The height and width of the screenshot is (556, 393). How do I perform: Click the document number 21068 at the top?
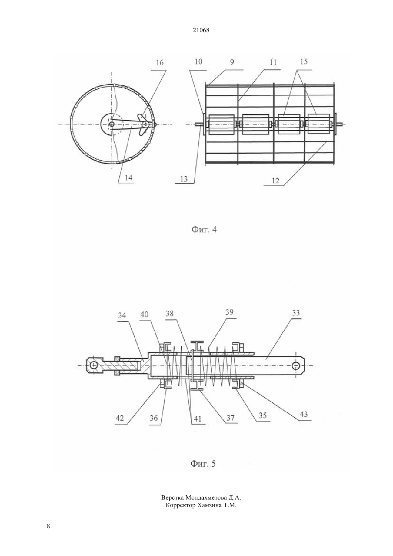[x=201, y=30]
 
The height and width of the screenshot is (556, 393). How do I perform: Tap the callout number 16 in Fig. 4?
[x=160, y=63]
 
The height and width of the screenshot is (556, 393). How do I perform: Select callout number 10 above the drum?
[x=199, y=61]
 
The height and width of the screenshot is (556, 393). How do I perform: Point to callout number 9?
[x=232, y=62]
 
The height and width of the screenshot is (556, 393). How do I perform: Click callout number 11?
[x=273, y=62]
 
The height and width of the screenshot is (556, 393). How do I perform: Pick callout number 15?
[x=304, y=61]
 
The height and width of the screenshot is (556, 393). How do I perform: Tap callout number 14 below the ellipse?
[x=129, y=178]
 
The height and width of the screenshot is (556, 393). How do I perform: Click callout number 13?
[x=184, y=179]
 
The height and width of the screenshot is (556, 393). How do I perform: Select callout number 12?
[x=275, y=181]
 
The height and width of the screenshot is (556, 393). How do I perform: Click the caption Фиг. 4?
[x=204, y=230]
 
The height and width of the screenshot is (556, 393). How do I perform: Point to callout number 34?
[x=122, y=315]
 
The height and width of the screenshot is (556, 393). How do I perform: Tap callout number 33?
[x=296, y=313]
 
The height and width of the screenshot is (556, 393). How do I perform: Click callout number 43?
[x=303, y=414]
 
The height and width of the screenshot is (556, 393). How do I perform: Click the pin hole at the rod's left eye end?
[x=94, y=365]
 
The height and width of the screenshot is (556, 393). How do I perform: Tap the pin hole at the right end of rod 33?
[x=296, y=366]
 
